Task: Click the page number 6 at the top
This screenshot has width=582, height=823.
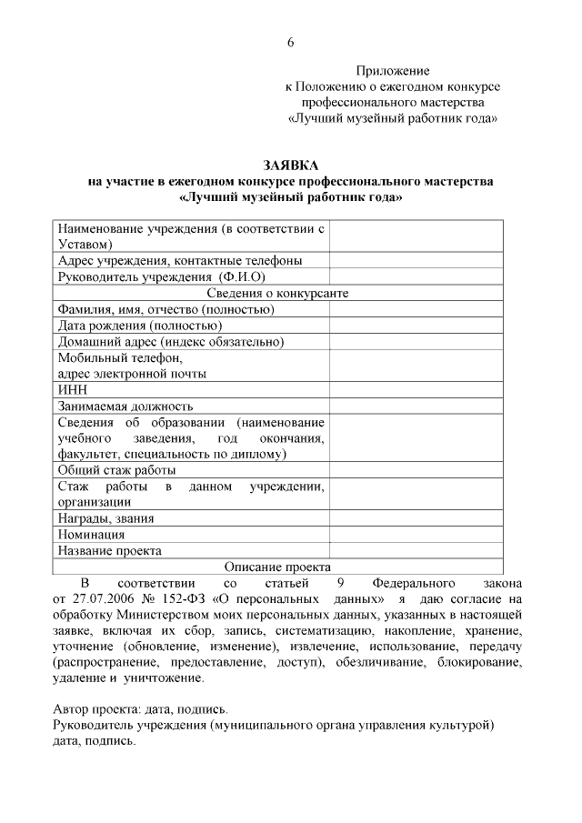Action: click(x=291, y=43)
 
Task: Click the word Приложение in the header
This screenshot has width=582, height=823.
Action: click(x=392, y=70)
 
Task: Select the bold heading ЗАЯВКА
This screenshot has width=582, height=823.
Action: click(x=291, y=166)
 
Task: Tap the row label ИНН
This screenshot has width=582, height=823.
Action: click(x=72, y=389)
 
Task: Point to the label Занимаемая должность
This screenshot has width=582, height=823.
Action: click(x=125, y=406)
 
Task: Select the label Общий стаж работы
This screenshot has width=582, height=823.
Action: click(x=117, y=470)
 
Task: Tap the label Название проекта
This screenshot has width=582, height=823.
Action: click(x=110, y=550)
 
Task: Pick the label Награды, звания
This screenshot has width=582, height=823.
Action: click(x=105, y=518)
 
